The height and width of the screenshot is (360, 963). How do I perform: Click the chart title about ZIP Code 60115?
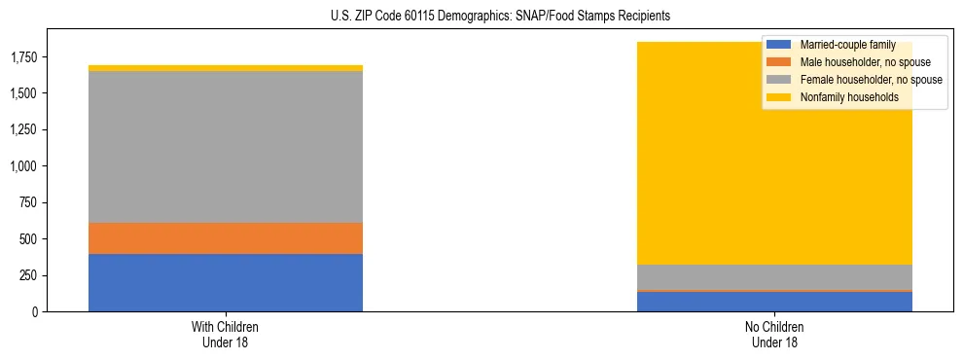click(481, 17)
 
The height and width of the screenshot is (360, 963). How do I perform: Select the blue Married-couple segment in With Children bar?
click(226, 283)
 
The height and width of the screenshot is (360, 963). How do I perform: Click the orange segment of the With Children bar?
click(226, 238)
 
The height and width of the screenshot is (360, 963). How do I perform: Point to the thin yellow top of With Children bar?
click(226, 68)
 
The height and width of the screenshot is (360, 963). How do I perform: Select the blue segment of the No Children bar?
click(774, 302)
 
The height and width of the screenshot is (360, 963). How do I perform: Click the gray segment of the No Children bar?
click(774, 277)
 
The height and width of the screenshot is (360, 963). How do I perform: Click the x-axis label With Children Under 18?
click(226, 334)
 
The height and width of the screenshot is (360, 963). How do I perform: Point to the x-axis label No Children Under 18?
click(774, 334)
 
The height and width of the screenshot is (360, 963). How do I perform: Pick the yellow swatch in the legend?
click(779, 97)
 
